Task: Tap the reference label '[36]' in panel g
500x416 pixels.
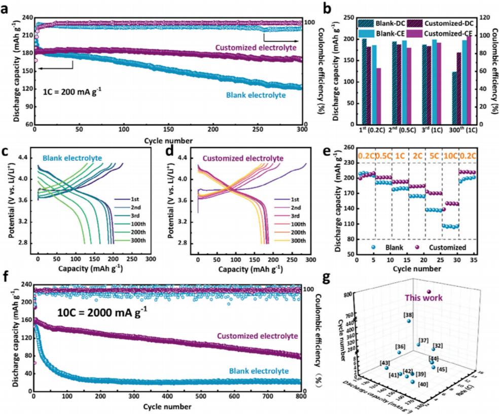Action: (x=400, y=347)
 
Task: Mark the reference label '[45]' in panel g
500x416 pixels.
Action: (x=442, y=369)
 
